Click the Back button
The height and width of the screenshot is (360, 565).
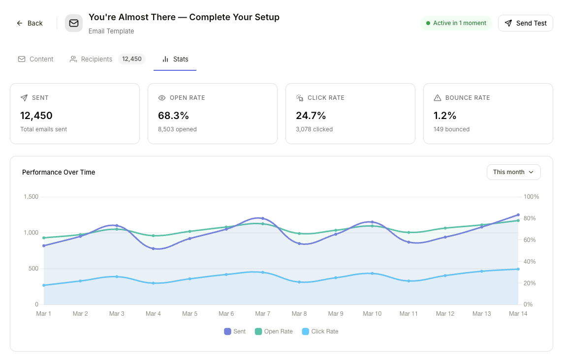pyautogui.click(x=30, y=23)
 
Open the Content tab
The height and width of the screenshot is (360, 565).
pyautogui.click(x=35, y=59)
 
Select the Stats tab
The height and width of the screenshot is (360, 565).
pyautogui.click(x=175, y=59)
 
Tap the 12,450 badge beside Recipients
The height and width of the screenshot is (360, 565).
pyautogui.click(x=131, y=59)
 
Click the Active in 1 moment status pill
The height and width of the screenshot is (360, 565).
pyautogui.click(x=456, y=23)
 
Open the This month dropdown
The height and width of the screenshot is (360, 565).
pyautogui.click(x=513, y=172)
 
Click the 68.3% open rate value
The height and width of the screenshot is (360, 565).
pyautogui.click(x=173, y=116)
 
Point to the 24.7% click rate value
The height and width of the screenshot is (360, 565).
pyautogui.click(x=311, y=116)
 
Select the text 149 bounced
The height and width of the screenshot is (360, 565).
pyautogui.click(x=451, y=129)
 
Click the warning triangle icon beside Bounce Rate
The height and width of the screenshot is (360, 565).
pyautogui.click(x=438, y=98)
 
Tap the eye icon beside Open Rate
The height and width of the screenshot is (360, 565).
pyautogui.click(x=162, y=98)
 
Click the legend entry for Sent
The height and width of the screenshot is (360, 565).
pyautogui.click(x=235, y=331)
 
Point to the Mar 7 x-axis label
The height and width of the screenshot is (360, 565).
pyautogui.click(x=263, y=314)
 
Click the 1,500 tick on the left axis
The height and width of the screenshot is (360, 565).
pyautogui.click(x=31, y=197)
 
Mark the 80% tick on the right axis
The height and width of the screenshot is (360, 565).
pyautogui.click(x=531, y=218)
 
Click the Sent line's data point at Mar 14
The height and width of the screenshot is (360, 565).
pyautogui.click(x=518, y=215)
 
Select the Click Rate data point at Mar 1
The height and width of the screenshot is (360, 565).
pyautogui.click(x=44, y=285)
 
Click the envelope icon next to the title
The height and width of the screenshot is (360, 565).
pyautogui.click(x=74, y=23)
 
